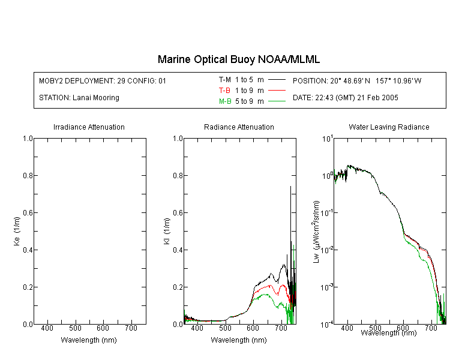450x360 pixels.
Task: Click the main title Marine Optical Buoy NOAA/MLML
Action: [238, 59]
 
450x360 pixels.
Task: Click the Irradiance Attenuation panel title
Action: [89, 127]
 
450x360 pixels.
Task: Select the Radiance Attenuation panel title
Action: [239, 127]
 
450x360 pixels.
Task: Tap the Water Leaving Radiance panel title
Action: [389, 127]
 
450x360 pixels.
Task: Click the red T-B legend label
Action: [224, 91]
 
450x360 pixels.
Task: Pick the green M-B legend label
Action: [225, 101]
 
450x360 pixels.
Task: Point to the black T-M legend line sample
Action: [277, 80]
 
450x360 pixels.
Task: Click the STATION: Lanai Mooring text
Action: [79, 98]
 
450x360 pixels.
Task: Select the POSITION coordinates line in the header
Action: [357, 80]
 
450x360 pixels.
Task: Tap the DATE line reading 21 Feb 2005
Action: [345, 98]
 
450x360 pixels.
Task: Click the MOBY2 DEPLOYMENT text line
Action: [103, 80]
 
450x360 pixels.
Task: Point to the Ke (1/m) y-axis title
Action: [17, 231]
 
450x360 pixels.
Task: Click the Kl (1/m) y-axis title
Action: [167, 231]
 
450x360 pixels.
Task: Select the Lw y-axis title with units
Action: [316, 232]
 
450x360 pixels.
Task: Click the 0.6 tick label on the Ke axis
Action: [28, 213]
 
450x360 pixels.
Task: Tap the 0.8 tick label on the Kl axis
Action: [178, 175]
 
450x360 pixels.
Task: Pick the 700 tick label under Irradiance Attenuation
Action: [131, 328]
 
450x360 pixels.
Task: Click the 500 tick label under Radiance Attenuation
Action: [225, 328]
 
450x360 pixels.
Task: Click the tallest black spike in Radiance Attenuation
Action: [290, 187]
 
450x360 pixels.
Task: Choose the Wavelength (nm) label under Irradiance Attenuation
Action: [89, 340]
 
